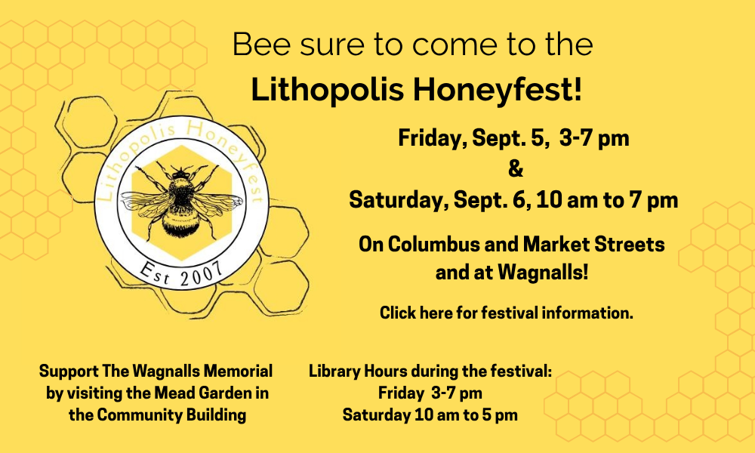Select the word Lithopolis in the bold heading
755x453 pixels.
click(x=328, y=90)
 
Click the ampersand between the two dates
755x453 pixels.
click(x=515, y=169)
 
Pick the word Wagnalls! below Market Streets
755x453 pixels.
click(x=543, y=273)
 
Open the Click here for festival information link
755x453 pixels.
click(x=506, y=313)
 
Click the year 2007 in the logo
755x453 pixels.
click(x=202, y=275)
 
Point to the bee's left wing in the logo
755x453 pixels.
click(x=144, y=202)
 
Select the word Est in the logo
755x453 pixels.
click(x=154, y=273)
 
